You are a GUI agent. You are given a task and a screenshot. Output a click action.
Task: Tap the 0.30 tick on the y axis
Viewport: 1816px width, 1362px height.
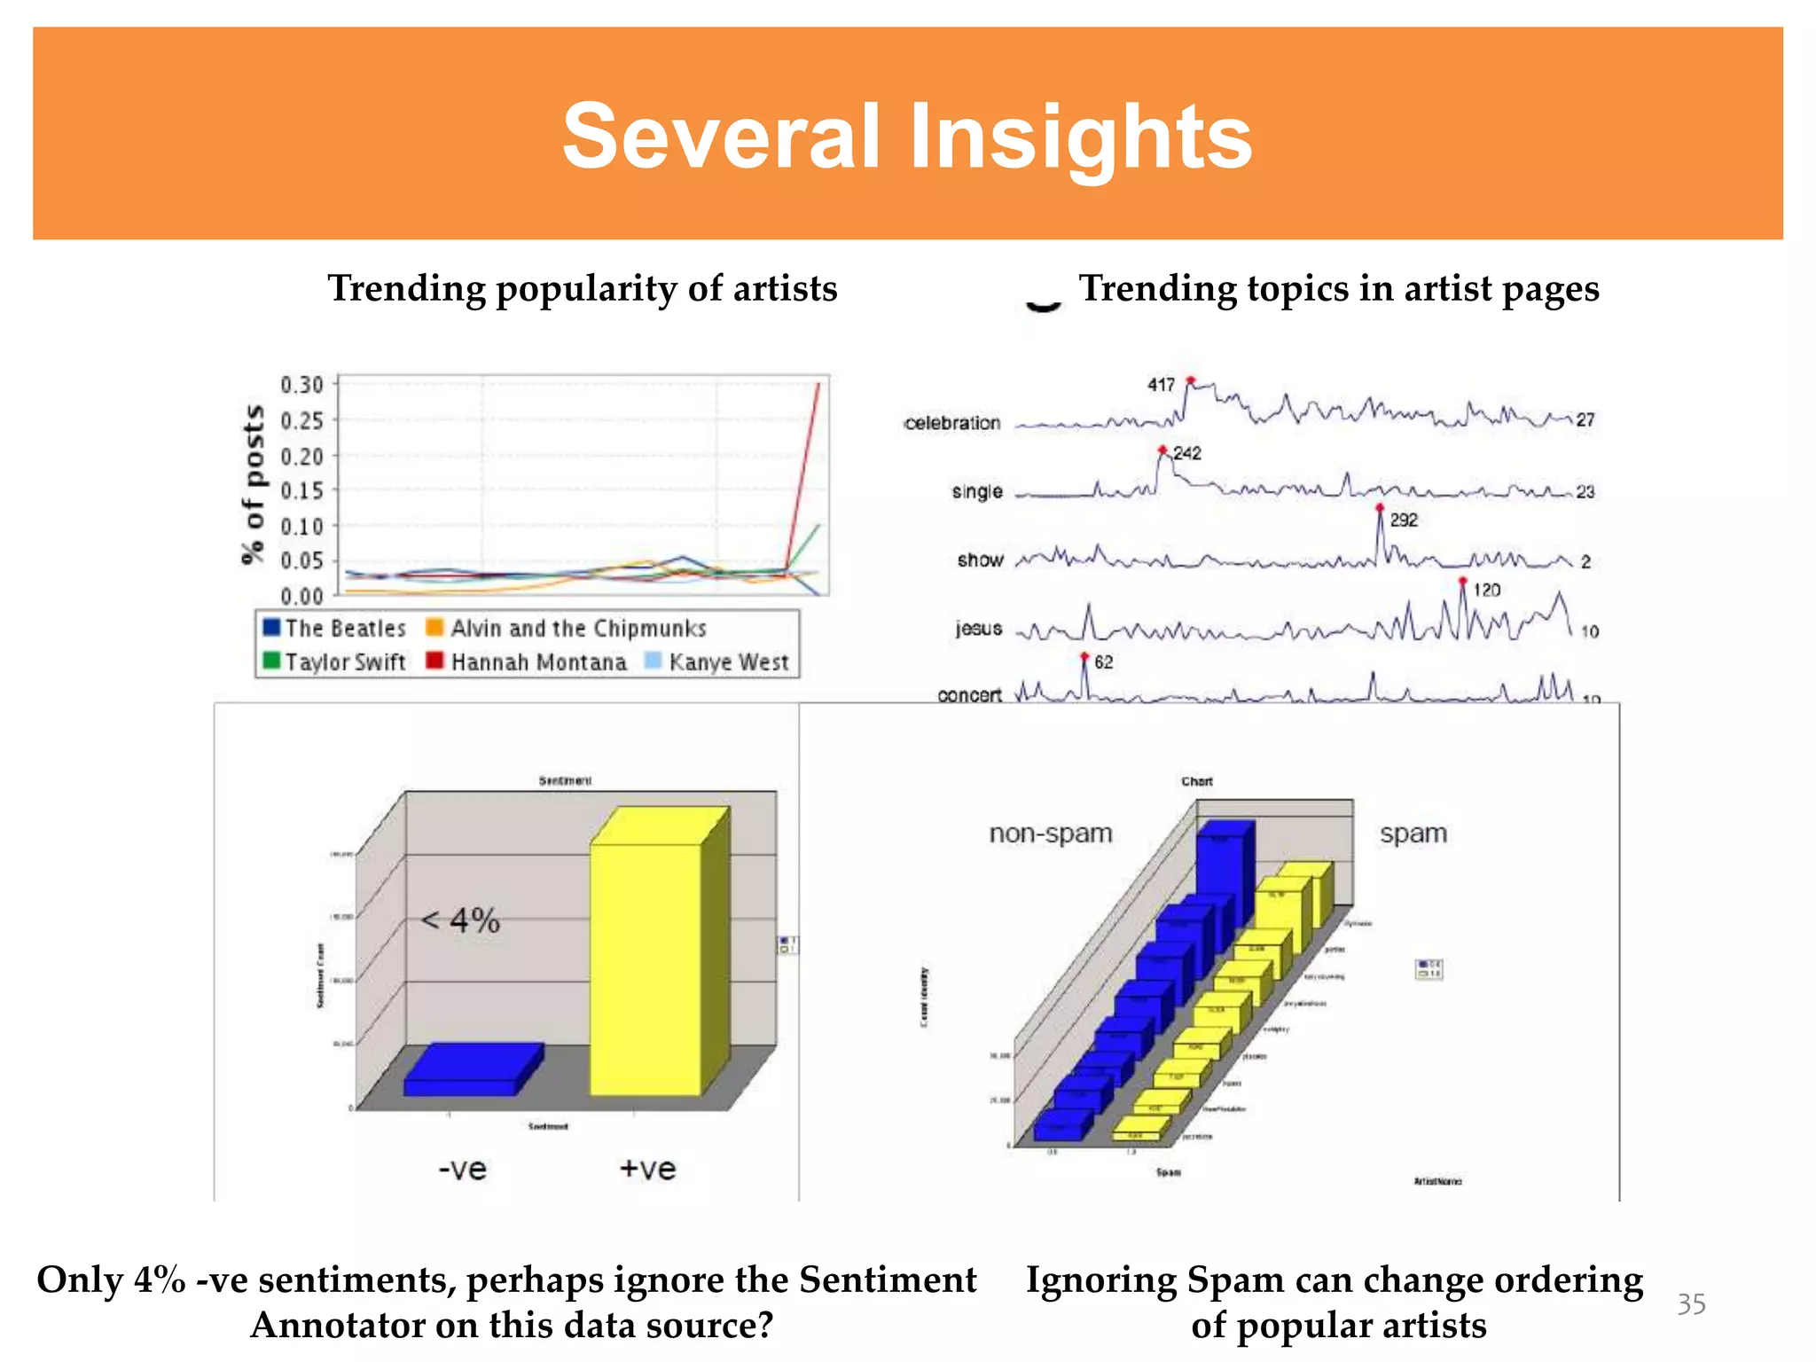301,385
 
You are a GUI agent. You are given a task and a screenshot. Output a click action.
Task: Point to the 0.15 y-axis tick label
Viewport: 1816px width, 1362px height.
301,490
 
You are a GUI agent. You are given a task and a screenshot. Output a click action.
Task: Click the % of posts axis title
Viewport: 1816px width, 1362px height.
253,484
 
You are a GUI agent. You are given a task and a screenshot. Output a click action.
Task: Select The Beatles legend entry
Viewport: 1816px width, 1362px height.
334,629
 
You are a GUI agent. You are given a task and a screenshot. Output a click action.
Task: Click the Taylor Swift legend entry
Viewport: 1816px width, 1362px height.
334,662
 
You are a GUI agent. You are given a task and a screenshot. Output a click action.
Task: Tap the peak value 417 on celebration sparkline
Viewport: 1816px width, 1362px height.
1160,385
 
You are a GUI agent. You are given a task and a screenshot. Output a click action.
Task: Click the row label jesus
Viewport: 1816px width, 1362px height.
978,629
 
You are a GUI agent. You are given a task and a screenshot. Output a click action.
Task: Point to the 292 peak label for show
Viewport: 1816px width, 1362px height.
1403,521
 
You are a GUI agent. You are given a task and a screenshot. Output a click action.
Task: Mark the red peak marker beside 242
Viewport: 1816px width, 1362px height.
1162,450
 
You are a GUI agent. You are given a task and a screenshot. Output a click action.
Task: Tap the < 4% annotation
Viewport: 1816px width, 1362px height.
460,920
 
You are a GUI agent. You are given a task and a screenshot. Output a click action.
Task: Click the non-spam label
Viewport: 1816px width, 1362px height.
1050,834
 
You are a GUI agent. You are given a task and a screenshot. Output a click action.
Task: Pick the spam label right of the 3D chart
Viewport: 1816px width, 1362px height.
1413,834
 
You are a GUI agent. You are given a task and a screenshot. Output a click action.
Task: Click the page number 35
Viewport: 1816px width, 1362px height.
1690,1303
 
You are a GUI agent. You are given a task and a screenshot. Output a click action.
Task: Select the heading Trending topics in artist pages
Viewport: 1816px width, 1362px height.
1338,289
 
